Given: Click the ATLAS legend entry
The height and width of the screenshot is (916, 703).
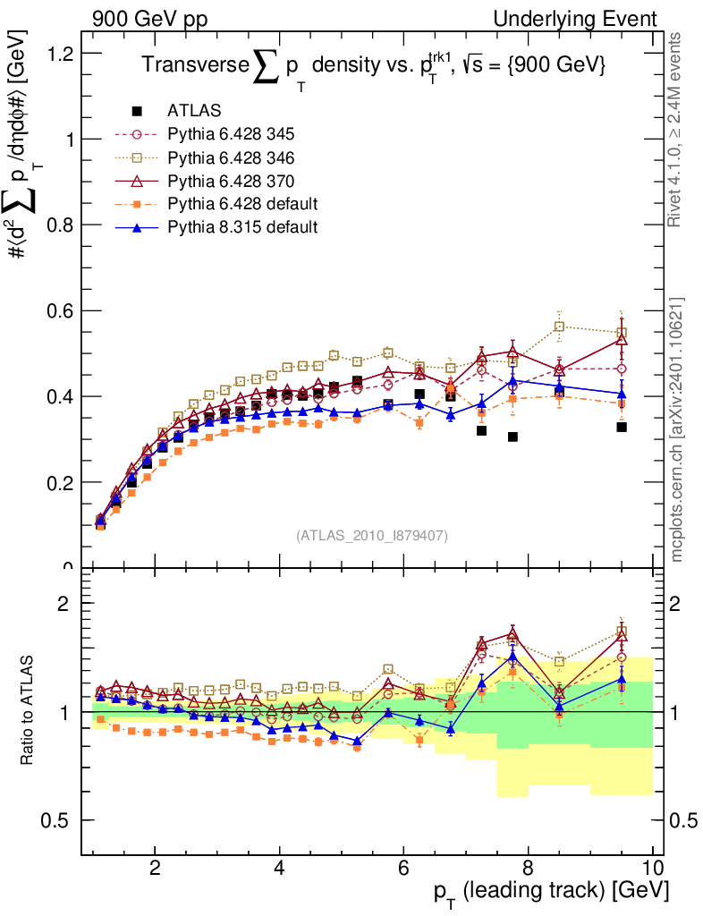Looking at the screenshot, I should (x=193, y=111).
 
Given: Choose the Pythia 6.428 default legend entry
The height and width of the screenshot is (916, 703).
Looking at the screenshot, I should (x=242, y=204).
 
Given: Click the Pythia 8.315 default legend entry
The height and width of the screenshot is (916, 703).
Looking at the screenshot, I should (x=242, y=227).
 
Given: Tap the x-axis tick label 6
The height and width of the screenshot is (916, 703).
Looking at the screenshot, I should (x=404, y=868).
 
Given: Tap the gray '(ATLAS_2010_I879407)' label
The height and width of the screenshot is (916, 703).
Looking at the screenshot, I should (x=372, y=536).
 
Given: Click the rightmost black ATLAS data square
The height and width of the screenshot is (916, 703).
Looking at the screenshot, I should (x=622, y=428).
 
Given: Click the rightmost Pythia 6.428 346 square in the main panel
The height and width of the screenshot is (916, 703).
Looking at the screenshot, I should (x=622, y=333).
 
